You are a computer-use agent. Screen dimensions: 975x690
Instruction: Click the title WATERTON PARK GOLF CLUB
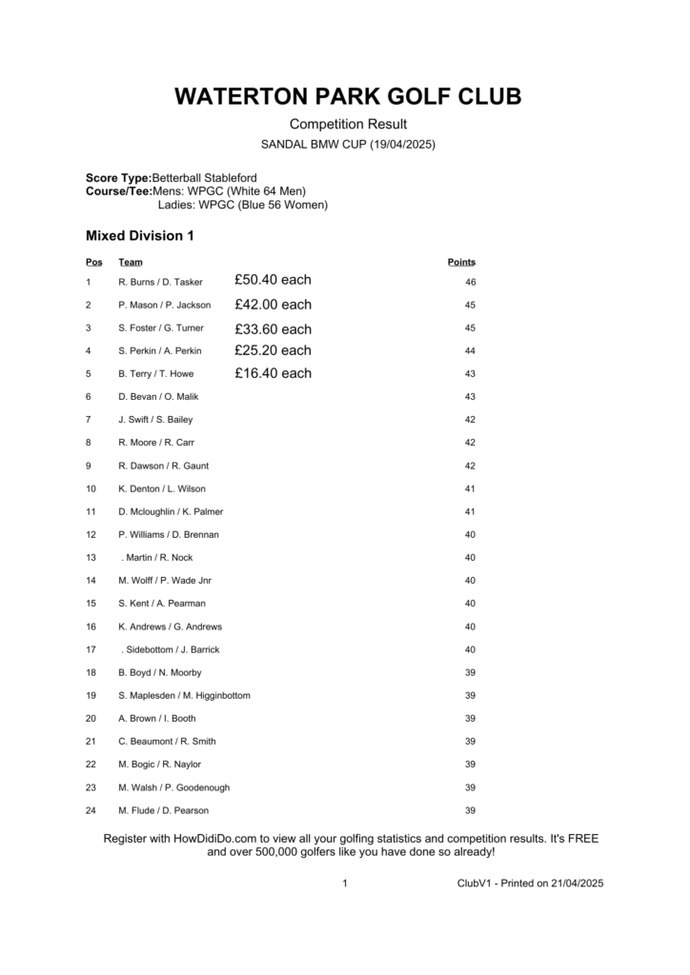tap(348, 97)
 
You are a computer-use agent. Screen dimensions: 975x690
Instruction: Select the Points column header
tap(461, 262)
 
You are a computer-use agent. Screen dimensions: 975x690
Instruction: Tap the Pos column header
tap(93, 262)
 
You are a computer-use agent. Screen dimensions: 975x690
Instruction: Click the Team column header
tap(131, 262)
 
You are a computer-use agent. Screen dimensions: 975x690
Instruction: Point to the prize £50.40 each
tap(273, 280)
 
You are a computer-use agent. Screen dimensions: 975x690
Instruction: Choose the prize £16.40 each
tap(273, 373)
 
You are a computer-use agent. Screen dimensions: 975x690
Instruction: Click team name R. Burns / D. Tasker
tap(160, 283)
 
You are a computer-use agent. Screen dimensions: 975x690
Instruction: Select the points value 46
tap(470, 283)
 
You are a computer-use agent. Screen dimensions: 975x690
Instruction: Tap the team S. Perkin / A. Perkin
tap(160, 351)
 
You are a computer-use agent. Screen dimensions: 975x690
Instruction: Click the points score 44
tap(470, 351)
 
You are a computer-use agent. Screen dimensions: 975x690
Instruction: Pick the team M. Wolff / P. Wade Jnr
tap(163, 581)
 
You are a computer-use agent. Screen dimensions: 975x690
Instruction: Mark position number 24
tap(91, 811)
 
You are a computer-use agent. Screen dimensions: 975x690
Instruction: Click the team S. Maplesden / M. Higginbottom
tap(184, 696)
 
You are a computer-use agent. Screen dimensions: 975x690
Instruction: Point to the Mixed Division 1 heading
tap(139, 235)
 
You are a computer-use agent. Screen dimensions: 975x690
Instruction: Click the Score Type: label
tap(118, 178)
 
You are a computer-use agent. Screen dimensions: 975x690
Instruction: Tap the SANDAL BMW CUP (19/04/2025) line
tap(348, 145)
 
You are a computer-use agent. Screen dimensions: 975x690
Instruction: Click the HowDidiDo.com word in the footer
tap(215, 839)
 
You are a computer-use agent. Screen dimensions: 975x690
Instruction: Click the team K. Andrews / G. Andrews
tap(170, 627)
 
